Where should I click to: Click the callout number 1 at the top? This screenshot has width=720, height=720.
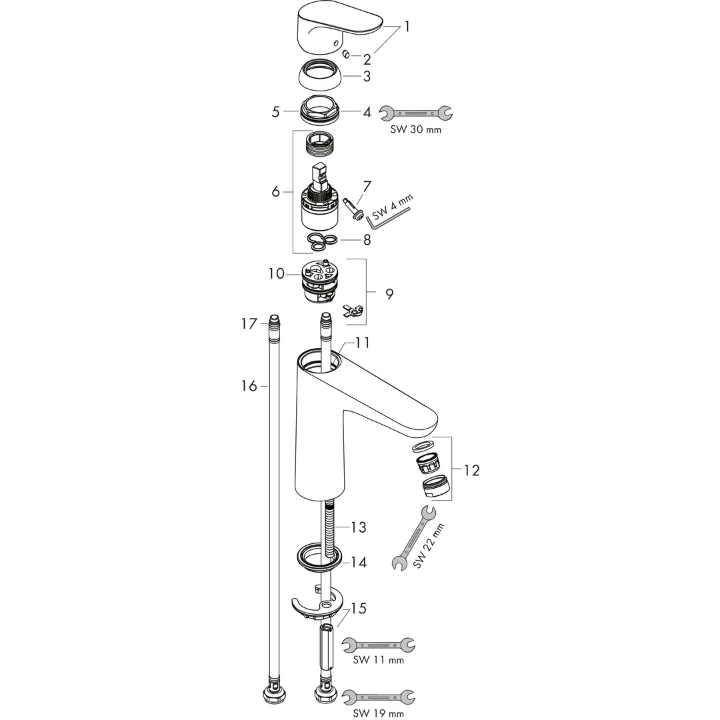click(x=407, y=27)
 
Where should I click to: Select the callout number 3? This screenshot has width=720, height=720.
click(x=367, y=77)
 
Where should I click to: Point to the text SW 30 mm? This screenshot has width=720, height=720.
click(x=415, y=130)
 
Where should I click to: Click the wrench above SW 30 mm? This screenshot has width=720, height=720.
click(x=415, y=112)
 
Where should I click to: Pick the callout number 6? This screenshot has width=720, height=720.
click(x=276, y=192)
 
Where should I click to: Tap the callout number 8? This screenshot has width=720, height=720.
click(x=367, y=239)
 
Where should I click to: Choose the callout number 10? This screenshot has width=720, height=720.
click(x=276, y=273)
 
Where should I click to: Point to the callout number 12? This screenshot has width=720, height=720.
click(x=471, y=471)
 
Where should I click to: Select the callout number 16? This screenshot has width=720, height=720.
click(x=249, y=386)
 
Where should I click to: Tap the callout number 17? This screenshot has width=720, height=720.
click(x=249, y=324)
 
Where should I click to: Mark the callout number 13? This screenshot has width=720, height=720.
click(x=359, y=528)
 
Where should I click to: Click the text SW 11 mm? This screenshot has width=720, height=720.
click(x=379, y=661)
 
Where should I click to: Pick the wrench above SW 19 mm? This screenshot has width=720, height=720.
click(x=378, y=697)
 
